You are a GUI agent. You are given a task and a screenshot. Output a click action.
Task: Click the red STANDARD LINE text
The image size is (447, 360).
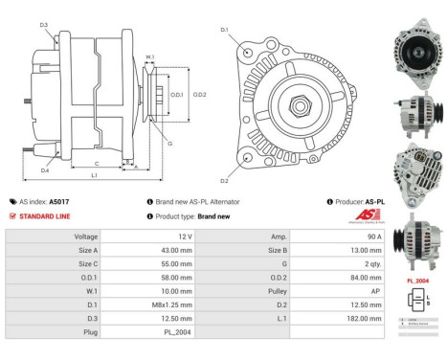(x=47, y=216)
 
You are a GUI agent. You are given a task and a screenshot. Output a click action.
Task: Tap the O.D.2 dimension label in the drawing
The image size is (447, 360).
(x=201, y=94)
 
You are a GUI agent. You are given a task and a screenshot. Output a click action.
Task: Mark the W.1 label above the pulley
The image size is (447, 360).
(x=149, y=57)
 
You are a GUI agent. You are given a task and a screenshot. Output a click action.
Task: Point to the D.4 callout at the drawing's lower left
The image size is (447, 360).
(x=44, y=170)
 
